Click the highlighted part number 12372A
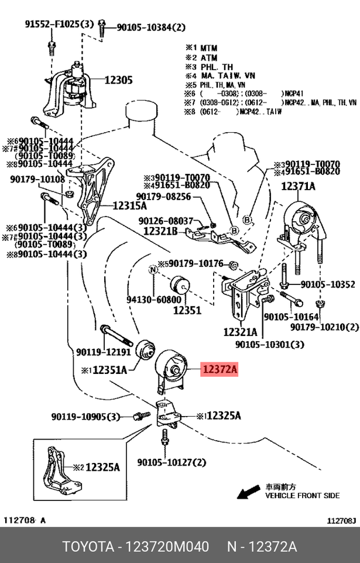tap(220, 369)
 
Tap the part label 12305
tap(118, 80)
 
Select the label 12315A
tap(129, 205)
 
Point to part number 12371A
tap(298, 187)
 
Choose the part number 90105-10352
tap(328, 285)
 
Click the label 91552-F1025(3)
tap(59, 25)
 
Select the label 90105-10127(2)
tap(172, 463)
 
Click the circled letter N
tap(153, 270)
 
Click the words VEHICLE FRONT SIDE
tap(302, 495)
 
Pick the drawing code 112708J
tap(341, 520)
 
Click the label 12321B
tap(160, 231)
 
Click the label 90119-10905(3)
tap(85, 417)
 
